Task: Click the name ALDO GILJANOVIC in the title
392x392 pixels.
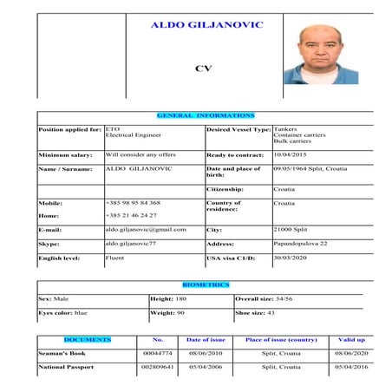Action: point(206,25)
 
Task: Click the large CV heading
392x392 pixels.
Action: point(204,68)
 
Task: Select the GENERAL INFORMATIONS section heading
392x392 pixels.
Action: point(206,115)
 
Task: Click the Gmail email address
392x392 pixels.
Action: point(146,230)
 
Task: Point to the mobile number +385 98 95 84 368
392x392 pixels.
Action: point(133,202)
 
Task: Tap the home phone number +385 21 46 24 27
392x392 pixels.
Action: point(131,214)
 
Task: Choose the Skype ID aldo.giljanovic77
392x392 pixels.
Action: point(136,245)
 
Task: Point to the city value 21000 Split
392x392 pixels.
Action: point(292,230)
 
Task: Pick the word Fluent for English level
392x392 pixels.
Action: point(115,258)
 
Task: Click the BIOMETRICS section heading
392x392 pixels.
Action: point(206,284)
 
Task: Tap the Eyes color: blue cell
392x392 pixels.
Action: point(63,311)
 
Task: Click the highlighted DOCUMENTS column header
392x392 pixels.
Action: point(88,340)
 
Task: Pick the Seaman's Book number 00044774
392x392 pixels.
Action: point(159,354)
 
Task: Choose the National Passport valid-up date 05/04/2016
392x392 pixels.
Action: point(351,368)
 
